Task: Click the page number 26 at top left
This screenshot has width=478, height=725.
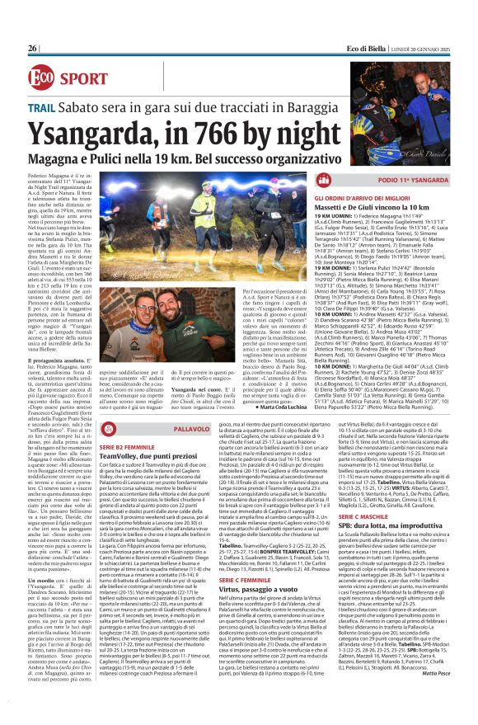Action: pos(32,26)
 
